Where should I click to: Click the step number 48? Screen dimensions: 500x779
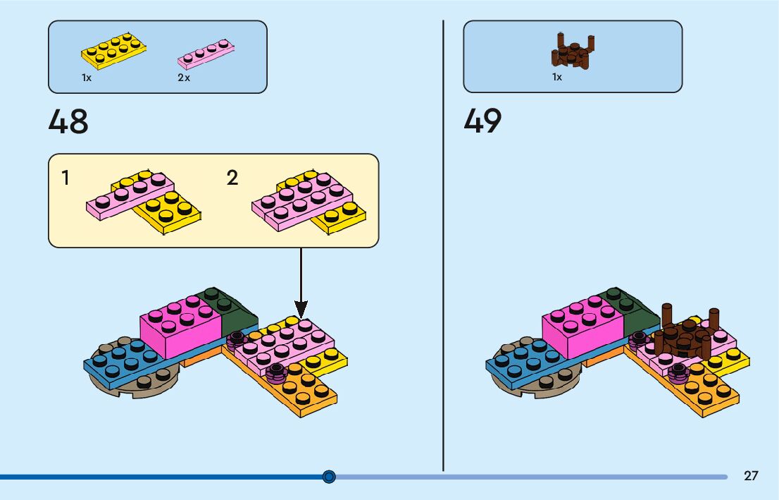point(68,122)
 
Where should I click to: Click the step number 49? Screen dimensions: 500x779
point(483,122)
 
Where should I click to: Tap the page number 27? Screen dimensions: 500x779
point(751,476)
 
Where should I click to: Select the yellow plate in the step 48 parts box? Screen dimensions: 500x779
point(115,51)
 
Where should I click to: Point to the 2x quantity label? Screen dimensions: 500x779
point(184,78)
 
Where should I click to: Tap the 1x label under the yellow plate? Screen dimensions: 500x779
point(87,78)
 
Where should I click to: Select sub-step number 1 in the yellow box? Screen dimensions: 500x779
point(66,178)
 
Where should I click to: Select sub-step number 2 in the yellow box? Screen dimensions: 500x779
point(232,178)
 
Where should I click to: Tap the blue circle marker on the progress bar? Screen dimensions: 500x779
point(329,477)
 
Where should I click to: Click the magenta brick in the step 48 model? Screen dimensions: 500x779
point(180,329)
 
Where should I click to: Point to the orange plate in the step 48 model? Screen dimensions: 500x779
point(310,391)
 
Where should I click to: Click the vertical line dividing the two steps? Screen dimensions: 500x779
point(443,247)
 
